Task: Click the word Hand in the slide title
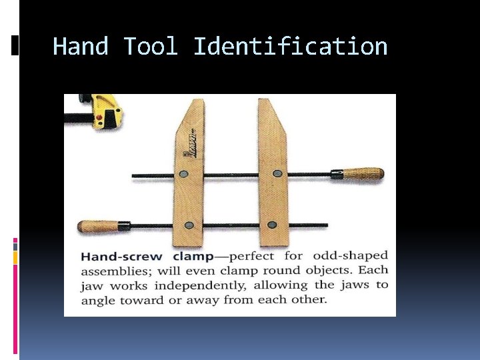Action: point(81,47)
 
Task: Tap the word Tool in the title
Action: point(151,47)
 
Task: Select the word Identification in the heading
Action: point(290,47)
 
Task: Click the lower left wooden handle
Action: point(99,226)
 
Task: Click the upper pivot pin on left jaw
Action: point(185,175)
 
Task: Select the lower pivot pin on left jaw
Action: point(190,225)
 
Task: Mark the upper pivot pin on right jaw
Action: point(276,175)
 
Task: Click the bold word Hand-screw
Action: point(121,257)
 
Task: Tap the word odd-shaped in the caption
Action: point(350,256)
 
